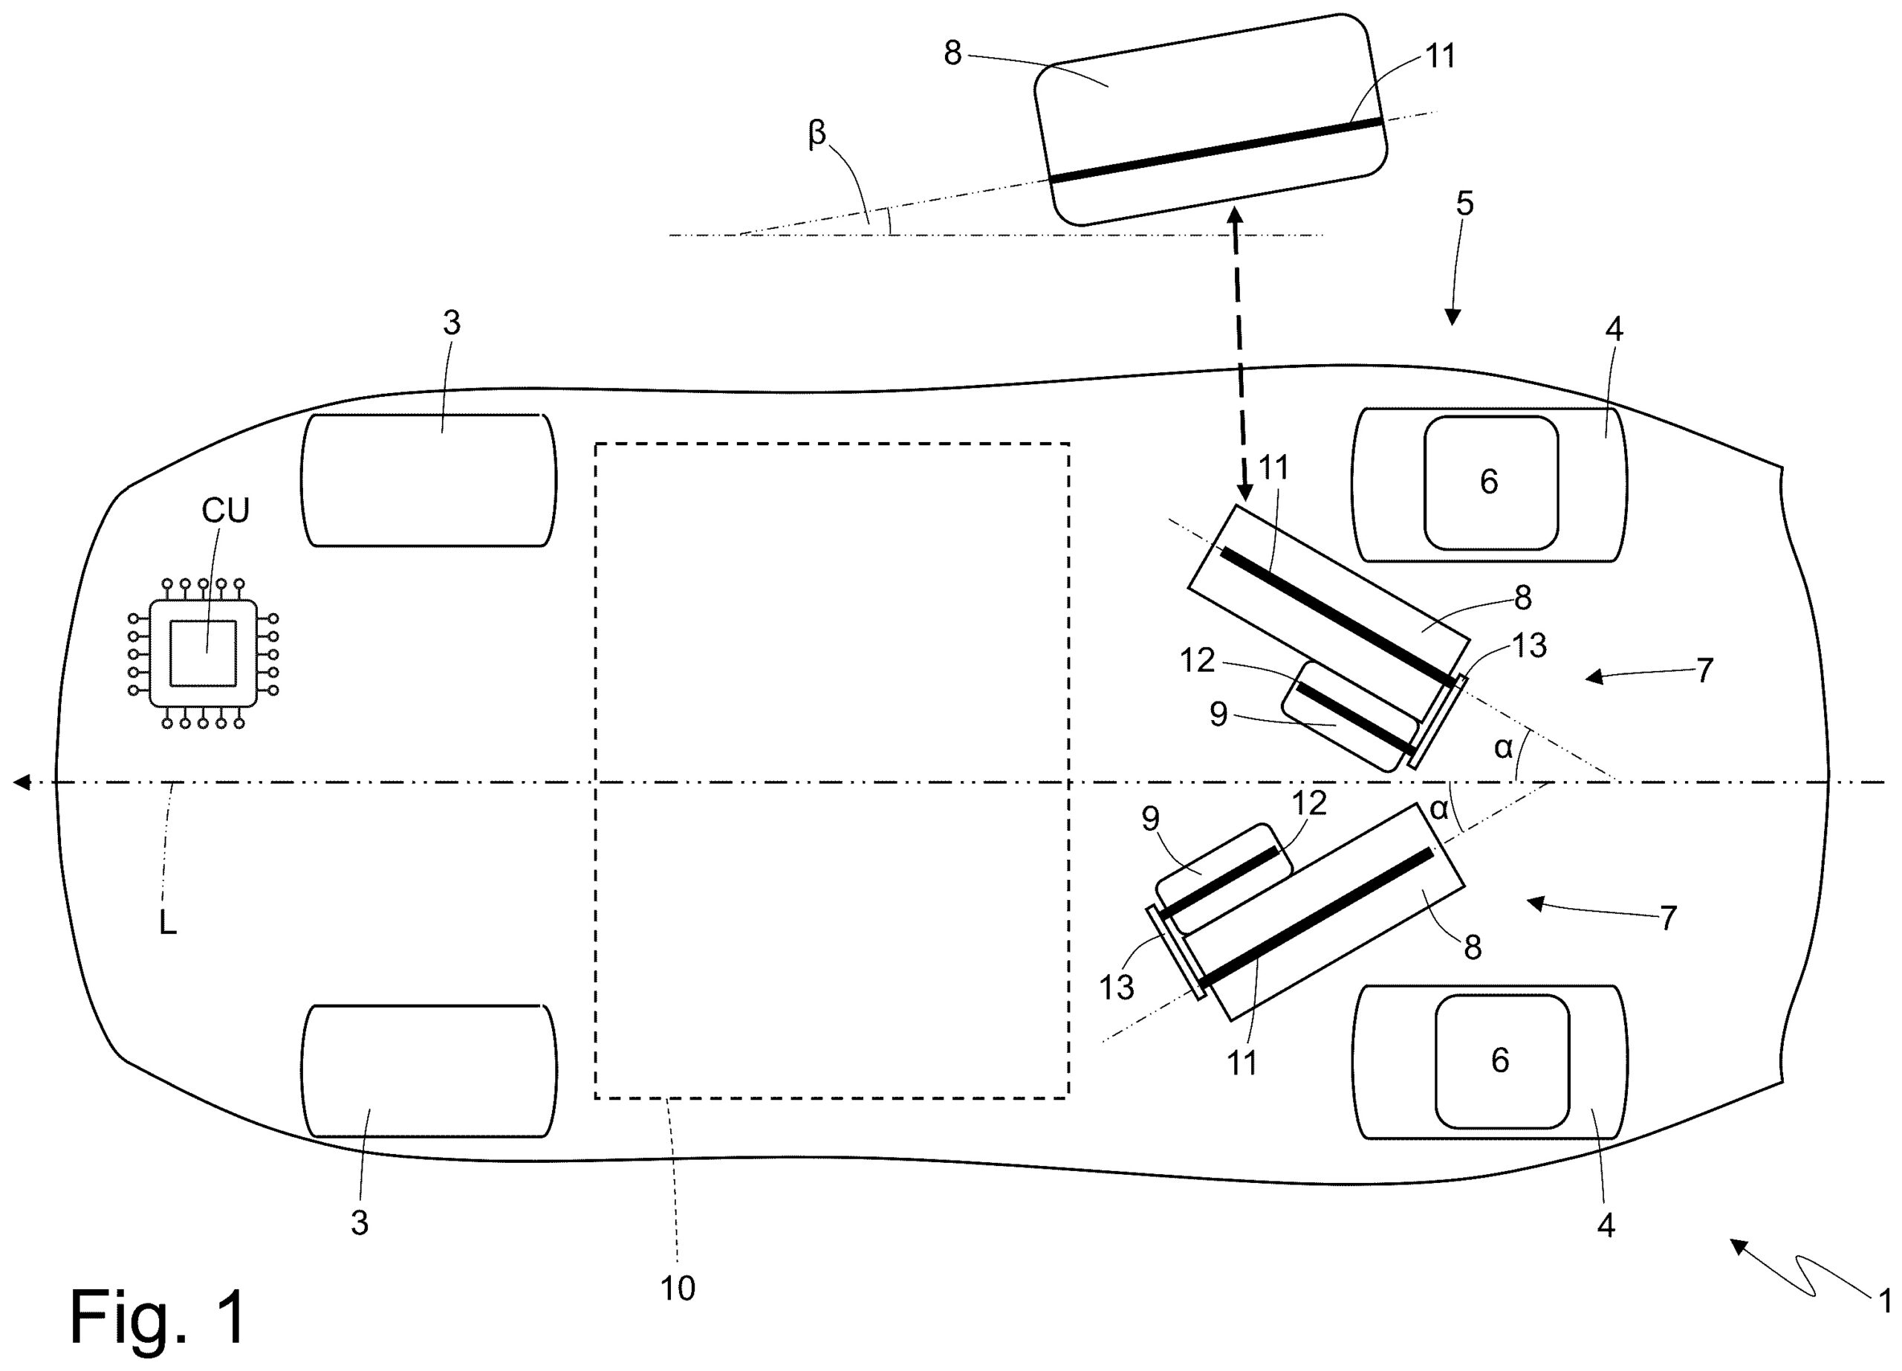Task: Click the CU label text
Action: [225, 511]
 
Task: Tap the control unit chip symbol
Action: [203, 653]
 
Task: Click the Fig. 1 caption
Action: [158, 1317]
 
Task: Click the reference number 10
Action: [677, 1289]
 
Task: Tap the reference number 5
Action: [1464, 203]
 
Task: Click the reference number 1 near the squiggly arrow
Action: [1883, 1300]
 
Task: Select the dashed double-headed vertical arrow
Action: [1239, 352]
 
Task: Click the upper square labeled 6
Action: [1490, 482]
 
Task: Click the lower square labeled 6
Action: [1501, 1060]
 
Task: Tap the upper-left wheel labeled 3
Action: [428, 481]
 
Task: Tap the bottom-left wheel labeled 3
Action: [428, 1071]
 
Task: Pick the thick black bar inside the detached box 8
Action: [1215, 151]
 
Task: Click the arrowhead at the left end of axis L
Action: [22, 782]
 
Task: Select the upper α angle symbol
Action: [1503, 747]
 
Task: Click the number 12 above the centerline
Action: [1197, 661]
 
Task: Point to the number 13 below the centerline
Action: [1116, 988]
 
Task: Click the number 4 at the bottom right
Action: [1605, 1226]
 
